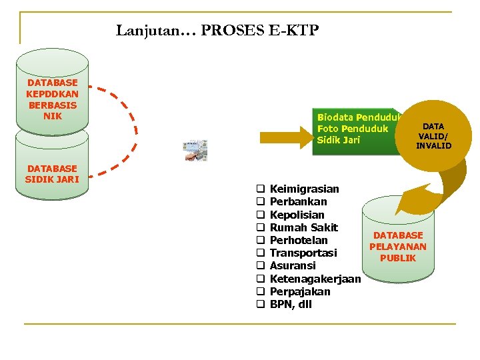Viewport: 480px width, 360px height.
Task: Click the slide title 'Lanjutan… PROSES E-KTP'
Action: click(x=217, y=30)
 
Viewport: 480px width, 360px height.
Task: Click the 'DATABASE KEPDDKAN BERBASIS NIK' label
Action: click(x=52, y=99)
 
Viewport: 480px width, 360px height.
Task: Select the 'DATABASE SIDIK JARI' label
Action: click(x=52, y=174)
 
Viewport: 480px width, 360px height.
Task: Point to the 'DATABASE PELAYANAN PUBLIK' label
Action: click(x=398, y=247)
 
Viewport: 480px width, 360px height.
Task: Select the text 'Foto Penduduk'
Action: click(x=353, y=128)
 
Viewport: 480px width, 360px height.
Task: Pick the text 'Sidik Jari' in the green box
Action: click(x=339, y=140)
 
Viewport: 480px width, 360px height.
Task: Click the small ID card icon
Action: click(x=195, y=151)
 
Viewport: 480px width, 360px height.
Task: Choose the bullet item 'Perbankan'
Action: click(x=298, y=202)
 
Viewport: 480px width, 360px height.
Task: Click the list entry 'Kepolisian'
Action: click(x=297, y=215)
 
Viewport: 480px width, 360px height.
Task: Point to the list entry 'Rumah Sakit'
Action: click(x=303, y=227)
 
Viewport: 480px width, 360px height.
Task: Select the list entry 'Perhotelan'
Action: click(x=299, y=240)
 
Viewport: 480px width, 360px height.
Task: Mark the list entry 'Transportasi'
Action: click(x=303, y=253)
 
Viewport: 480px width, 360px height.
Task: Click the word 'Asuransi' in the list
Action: click(x=292, y=266)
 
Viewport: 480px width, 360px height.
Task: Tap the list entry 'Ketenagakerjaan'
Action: click(x=315, y=279)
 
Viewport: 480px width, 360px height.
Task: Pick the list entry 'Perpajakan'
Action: click(x=299, y=291)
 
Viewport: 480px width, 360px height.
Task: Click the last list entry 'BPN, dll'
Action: click(x=291, y=305)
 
